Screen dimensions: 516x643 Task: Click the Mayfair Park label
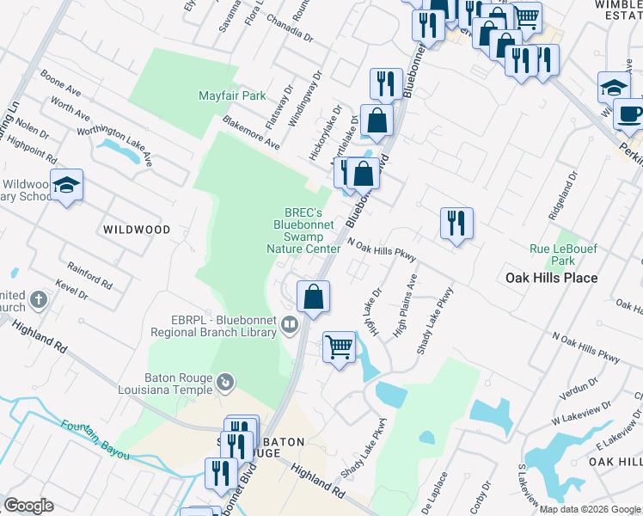click(232, 95)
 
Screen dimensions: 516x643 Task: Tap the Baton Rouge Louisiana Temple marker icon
click(226, 379)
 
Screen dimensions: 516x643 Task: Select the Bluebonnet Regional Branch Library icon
click(290, 324)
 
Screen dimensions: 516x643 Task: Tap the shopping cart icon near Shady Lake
click(340, 347)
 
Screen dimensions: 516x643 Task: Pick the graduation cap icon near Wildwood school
click(66, 184)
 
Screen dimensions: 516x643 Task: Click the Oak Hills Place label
click(551, 278)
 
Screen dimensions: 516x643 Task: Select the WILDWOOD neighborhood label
click(136, 230)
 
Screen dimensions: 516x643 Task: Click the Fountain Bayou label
click(95, 438)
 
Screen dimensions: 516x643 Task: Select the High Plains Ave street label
click(405, 306)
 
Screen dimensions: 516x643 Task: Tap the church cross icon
click(38, 300)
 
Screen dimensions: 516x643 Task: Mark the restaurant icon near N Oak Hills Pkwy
click(456, 223)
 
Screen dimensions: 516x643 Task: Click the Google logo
click(29, 506)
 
